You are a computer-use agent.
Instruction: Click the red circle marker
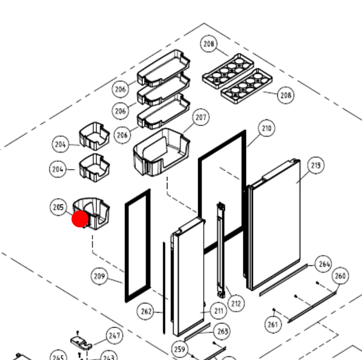[80, 219]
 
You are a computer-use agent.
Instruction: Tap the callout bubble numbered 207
[201, 118]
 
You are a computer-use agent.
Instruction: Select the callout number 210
[266, 128]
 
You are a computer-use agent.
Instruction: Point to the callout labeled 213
[315, 166]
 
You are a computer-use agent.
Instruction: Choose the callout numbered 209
[100, 276]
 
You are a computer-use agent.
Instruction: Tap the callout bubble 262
[147, 312]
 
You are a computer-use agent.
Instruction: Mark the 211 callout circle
[218, 311]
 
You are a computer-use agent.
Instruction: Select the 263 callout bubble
[222, 331]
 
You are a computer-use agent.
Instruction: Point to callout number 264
[324, 264]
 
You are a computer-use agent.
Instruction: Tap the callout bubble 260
[340, 276]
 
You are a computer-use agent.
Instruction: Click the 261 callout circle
[273, 325]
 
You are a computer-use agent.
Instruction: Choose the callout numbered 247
[114, 336]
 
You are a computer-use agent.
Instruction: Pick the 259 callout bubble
[180, 349]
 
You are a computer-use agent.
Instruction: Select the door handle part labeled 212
[223, 250]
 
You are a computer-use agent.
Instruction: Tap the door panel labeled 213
[276, 224]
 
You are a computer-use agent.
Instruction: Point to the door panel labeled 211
[188, 276]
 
